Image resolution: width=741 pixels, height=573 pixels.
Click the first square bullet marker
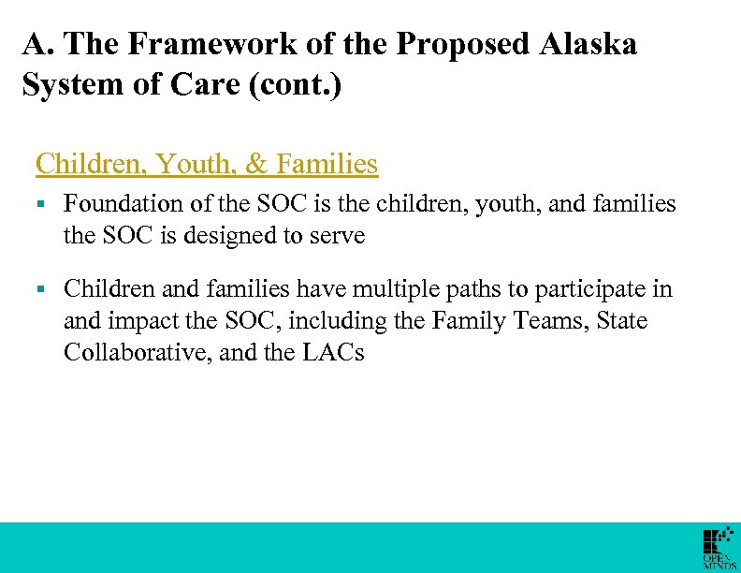40,204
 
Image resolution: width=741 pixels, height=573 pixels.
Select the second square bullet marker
40,290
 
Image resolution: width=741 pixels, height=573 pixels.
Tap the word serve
334,235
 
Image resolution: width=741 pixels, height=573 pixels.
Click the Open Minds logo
719,549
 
